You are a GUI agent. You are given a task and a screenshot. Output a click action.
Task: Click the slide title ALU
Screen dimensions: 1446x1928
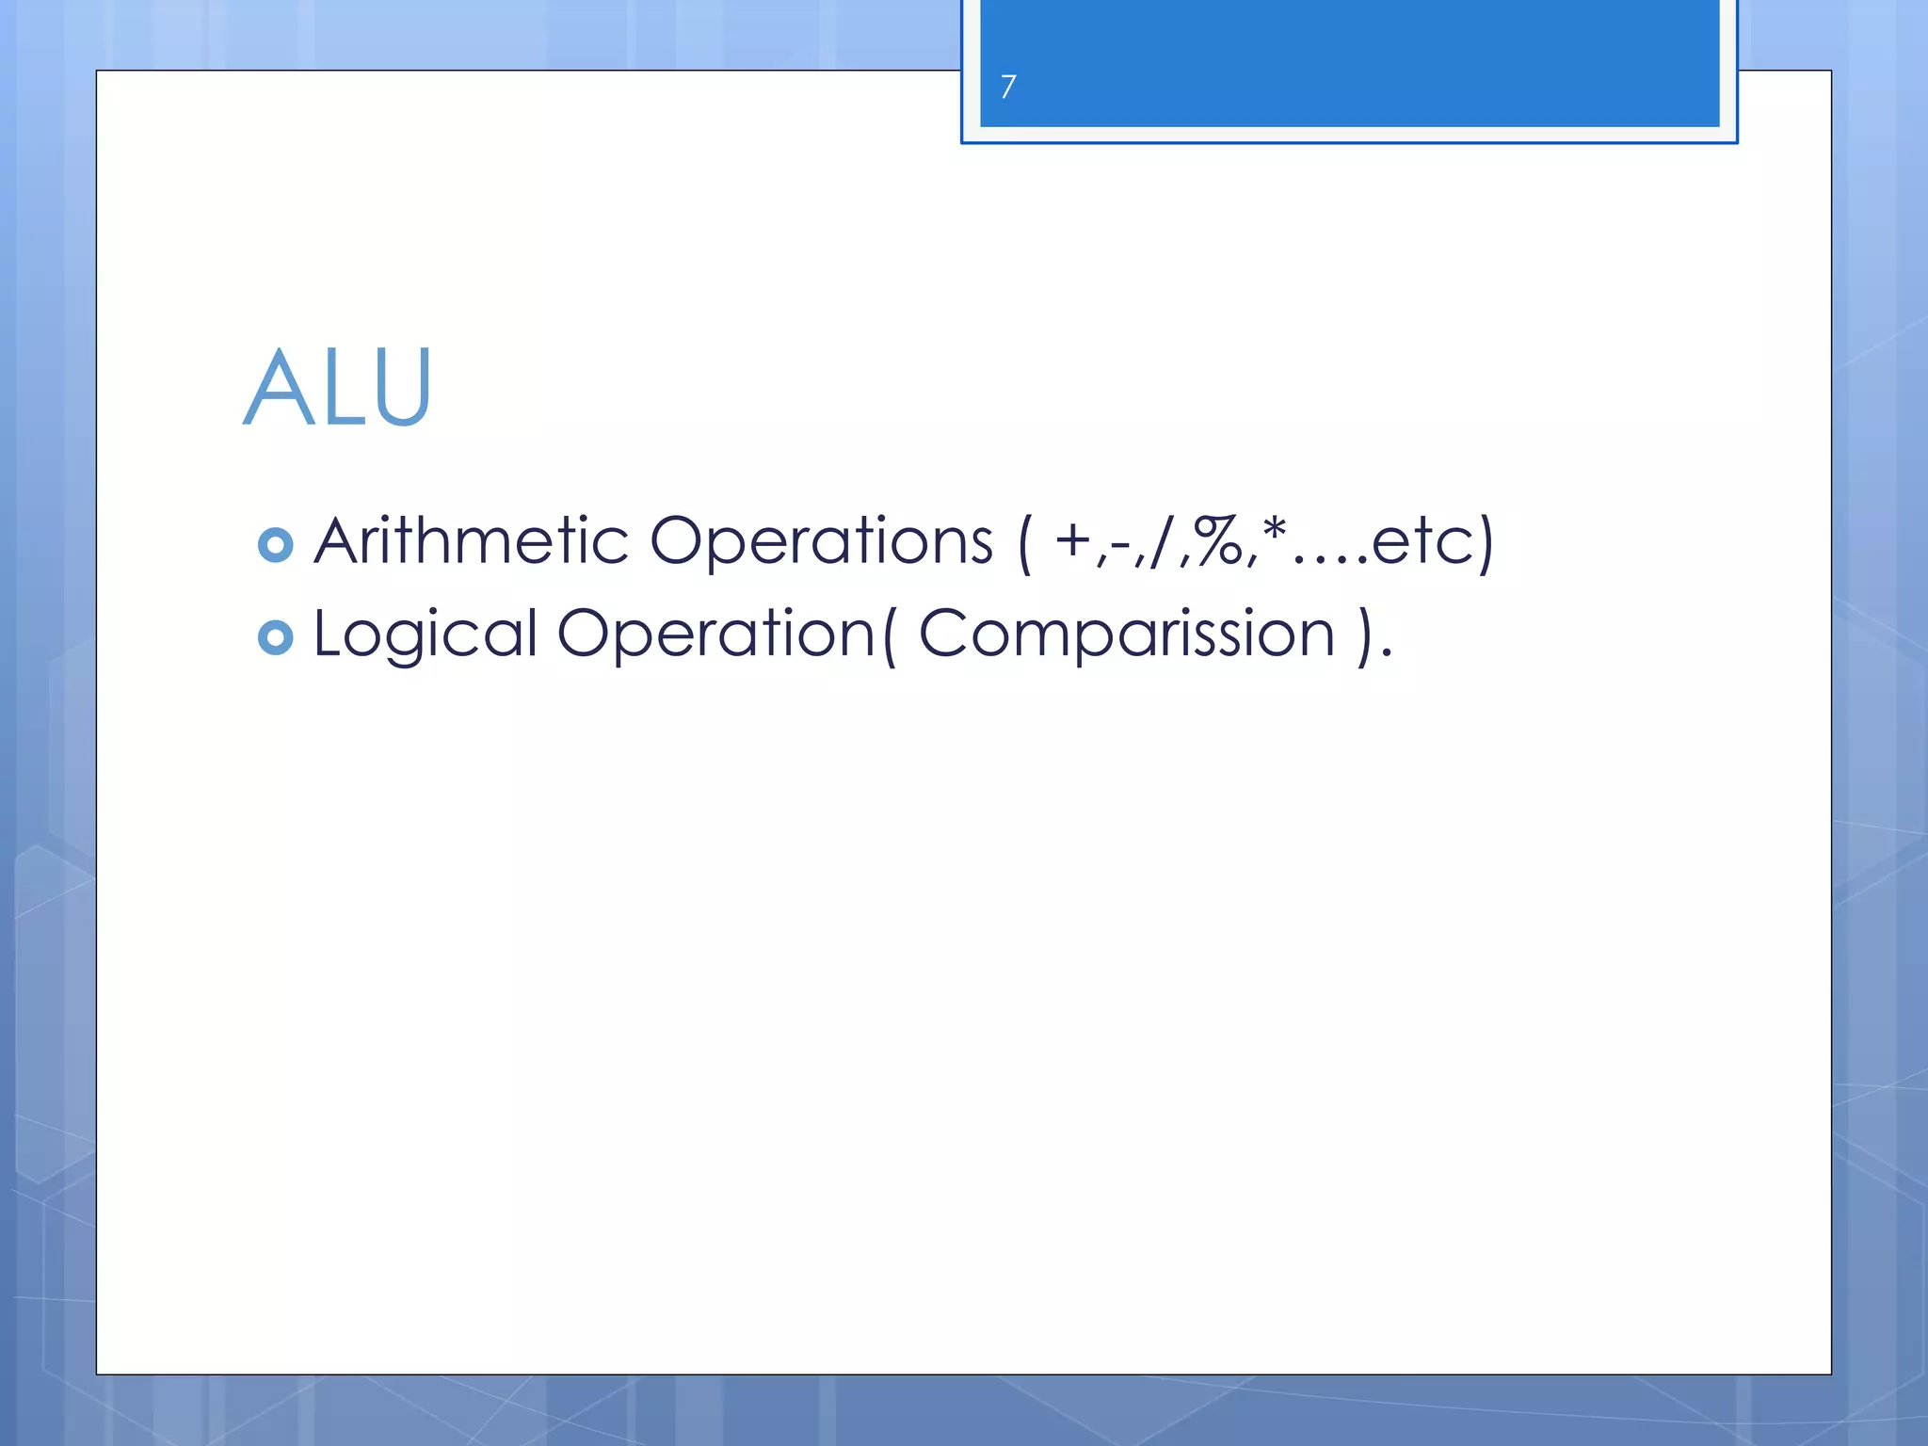tap(338, 387)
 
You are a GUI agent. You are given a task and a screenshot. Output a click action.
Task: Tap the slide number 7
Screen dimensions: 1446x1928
tap(1008, 87)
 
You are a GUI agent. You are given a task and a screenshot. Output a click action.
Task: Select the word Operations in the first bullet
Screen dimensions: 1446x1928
tap(822, 542)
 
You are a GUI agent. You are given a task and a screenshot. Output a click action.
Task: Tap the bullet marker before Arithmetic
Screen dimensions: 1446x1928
tap(275, 545)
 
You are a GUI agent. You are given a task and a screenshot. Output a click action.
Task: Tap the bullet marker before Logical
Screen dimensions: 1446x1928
tap(275, 637)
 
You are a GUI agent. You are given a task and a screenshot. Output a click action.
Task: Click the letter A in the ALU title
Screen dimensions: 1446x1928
tap(278, 387)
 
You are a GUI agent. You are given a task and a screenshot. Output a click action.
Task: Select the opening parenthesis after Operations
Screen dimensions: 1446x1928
tap(1024, 542)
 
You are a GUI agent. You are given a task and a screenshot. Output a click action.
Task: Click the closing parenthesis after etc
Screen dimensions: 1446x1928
tap(1485, 542)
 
